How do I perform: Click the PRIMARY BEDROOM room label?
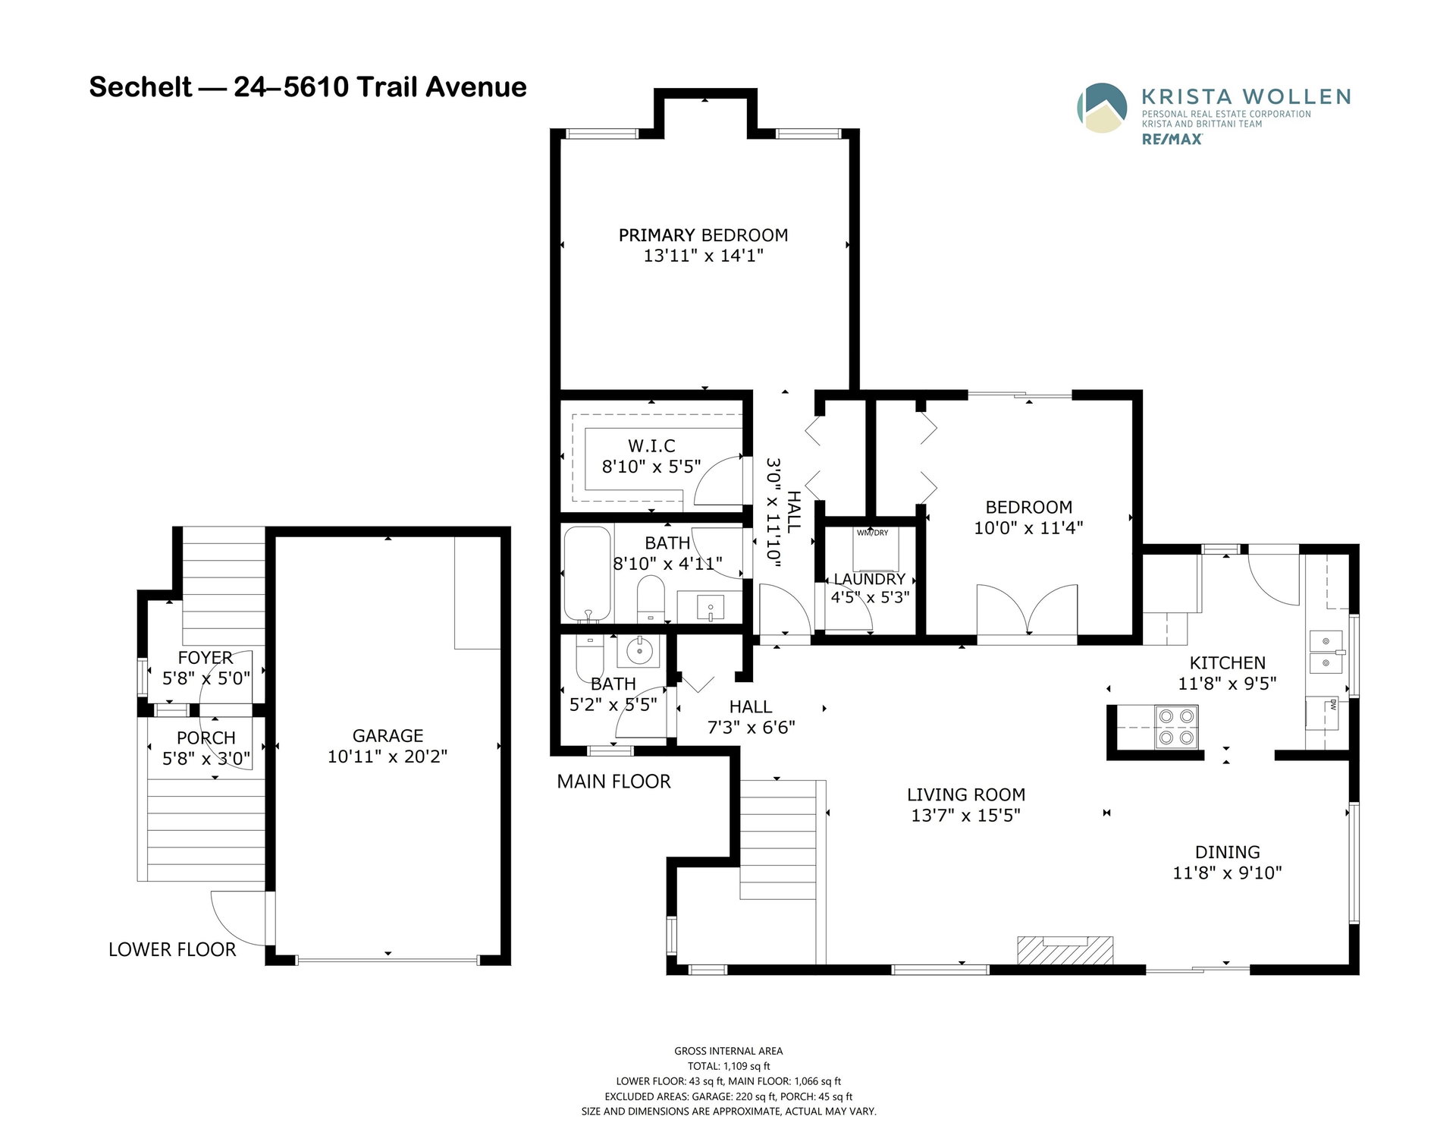pyautogui.click(x=703, y=235)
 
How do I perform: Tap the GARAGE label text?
pyautogui.click(x=388, y=736)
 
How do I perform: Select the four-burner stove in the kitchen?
pyautogui.click(x=1176, y=727)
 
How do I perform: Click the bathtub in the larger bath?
pyautogui.click(x=588, y=574)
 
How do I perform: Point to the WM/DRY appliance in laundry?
pyautogui.click(x=873, y=549)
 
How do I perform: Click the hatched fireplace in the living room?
pyautogui.click(x=1065, y=951)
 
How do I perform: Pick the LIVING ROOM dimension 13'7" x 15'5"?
pyautogui.click(x=966, y=816)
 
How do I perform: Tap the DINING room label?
pyautogui.click(x=1228, y=852)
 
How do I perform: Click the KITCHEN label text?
pyautogui.click(x=1227, y=663)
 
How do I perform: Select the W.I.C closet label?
pyautogui.click(x=651, y=446)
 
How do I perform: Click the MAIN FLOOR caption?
pyautogui.click(x=613, y=782)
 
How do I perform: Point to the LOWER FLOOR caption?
pyautogui.click(x=172, y=950)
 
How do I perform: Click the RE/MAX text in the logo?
pyautogui.click(x=1172, y=140)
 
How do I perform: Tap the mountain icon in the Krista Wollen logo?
pyautogui.click(x=1102, y=107)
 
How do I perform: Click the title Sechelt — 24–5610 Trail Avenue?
pyautogui.click(x=308, y=87)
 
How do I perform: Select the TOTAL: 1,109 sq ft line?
pyautogui.click(x=729, y=1066)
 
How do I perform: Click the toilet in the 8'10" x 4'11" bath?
pyautogui.click(x=651, y=599)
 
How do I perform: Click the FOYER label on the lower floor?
pyautogui.click(x=206, y=658)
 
